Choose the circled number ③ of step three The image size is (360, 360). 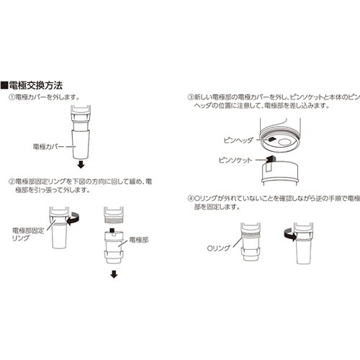(x=191, y=96)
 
